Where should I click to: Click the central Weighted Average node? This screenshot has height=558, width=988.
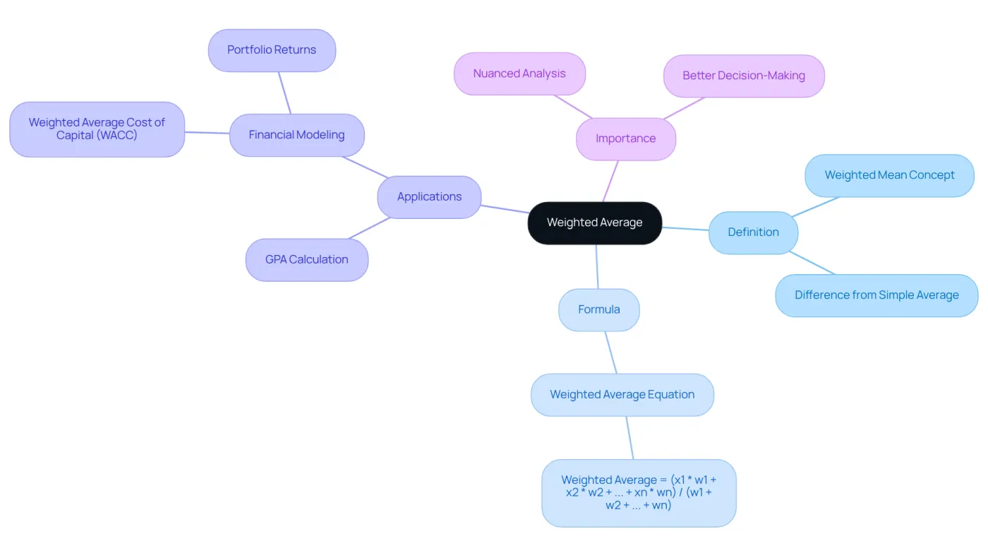(x=594, y=223)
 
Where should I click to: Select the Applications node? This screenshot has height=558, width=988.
(x=429, y=197)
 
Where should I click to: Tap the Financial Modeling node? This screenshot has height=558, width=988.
(x=297, y=135)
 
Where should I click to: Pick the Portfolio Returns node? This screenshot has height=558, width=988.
(x=272, y=50)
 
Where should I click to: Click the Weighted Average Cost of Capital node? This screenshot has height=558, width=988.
(x=97, y=129)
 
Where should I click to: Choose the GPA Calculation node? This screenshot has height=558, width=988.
(x=307, y=260)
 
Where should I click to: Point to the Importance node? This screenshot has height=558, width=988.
(x=626, y=139)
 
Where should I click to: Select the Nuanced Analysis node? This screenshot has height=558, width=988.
(x=519, y=73)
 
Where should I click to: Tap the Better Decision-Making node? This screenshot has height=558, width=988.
(x=744, y=76)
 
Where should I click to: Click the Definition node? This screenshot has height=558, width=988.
(x=754, y=232)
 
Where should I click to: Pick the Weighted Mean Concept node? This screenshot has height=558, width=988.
(x=890, y=176)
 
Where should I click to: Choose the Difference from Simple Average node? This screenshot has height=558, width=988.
(x=876, y=295)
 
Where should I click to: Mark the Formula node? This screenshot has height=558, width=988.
(x=599, y=310)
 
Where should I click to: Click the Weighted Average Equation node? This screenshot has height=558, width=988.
(x=622, y=395)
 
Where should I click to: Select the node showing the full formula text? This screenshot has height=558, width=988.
(x=639, y=493)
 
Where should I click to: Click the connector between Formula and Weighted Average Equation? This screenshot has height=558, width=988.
(x=611, y=352)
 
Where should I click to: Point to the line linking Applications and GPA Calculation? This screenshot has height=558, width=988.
(x=368, y=228)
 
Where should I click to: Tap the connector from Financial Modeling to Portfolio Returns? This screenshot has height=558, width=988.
(x=284, y=93)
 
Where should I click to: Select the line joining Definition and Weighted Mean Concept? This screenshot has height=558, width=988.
(x=815, y=206)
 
